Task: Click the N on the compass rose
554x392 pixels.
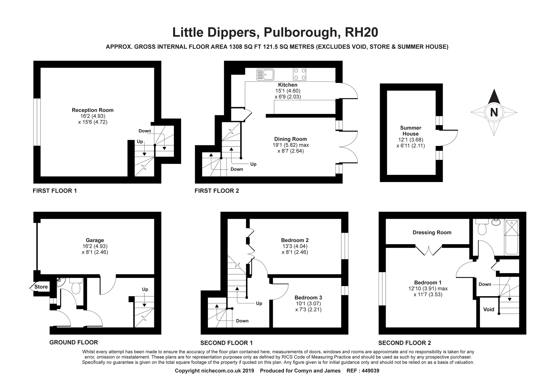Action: coord(494,112)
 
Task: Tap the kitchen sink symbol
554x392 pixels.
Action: coord(265,74)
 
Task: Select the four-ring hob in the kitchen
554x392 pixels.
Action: coord(299,74)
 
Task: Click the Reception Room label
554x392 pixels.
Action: coord(93,110)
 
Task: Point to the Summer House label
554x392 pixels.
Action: coord(411,131)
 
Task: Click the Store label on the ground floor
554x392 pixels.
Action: coord(41,287)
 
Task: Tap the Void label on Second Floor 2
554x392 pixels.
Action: coord(489,309)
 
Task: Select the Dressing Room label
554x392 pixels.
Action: coord(432,232)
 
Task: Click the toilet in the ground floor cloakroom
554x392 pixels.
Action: coord(76,286)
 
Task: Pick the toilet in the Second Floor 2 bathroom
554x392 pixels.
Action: coord(482,227)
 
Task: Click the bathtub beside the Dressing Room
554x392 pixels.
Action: coord(512,237)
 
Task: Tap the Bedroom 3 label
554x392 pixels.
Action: coord(308,298)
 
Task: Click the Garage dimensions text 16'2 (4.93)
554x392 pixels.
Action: coord(95,246)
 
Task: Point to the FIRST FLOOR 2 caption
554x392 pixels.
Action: coord(217,191)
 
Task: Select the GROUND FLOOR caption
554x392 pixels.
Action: coord(73,342)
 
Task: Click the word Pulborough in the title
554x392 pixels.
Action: coord(300,32)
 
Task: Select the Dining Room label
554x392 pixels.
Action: coord(290,139)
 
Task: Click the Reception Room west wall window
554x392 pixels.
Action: coord(37,122)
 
